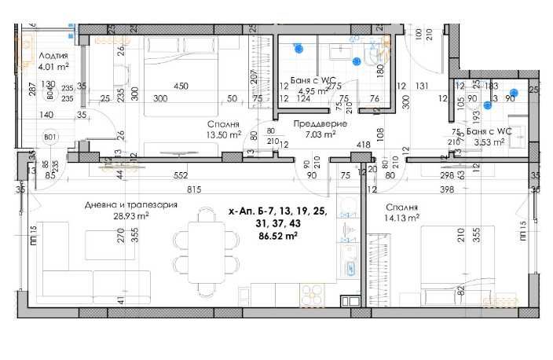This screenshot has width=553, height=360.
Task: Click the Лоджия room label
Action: [53, 57]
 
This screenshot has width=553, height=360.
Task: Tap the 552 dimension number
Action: [181, 174]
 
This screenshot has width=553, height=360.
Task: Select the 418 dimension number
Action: [363, 145]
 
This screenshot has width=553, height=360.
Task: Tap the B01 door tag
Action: [50, 138]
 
